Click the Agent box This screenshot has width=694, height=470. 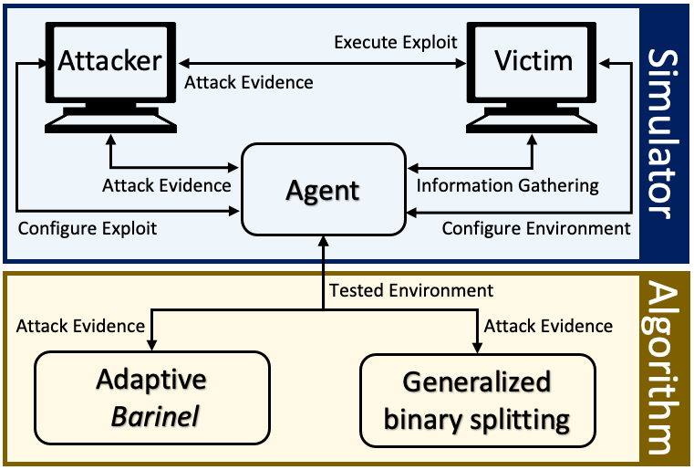[324, 189]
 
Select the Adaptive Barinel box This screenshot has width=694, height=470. [152, 397]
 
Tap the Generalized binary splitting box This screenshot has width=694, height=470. [478, 401]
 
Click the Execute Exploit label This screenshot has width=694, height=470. [396, 43]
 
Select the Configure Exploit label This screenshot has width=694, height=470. [88, 228]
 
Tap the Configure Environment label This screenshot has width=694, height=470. [536, 228]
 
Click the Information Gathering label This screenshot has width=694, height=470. [508, 185]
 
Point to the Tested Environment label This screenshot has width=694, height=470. [411, 290]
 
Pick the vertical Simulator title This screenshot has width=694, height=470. [662, 133]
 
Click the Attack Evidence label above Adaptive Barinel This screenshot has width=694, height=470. [80, 326]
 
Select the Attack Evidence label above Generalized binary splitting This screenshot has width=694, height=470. [548, 326]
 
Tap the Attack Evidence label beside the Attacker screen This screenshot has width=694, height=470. [249, 82]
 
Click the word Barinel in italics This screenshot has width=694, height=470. [155, 416]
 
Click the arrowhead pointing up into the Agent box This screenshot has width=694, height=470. [324, 242]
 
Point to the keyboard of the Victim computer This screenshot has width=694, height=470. [532, 123]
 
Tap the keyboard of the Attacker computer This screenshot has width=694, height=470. [110, 123]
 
